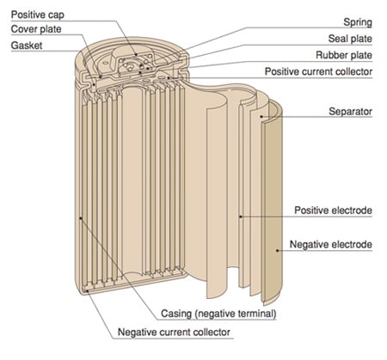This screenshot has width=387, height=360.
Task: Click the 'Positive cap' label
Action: (38, 15)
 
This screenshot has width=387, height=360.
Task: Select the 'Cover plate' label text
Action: (36, 29)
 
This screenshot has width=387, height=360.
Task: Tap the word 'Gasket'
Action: (27, 46)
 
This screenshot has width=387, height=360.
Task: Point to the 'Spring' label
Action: (358, 22)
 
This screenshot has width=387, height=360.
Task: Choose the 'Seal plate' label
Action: (350, 39)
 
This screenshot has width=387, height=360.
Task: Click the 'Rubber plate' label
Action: (344, 55)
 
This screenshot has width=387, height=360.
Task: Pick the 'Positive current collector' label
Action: (318, 71)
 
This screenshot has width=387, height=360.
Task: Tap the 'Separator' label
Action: (350, 112)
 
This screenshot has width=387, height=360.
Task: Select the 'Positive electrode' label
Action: (333, 211)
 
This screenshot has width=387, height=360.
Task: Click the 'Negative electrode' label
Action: (331, 245)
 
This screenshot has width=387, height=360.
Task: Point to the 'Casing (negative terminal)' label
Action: (218, 314)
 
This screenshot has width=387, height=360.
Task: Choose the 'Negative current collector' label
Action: (174, 333)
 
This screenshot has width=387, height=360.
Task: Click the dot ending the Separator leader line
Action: (261, 117)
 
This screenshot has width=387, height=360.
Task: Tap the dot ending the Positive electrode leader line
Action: (241, 217)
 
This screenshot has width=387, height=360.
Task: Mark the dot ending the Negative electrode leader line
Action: (277, 251)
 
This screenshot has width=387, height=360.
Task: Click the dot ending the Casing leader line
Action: (81, 218)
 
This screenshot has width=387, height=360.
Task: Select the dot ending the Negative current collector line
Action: (88, 291)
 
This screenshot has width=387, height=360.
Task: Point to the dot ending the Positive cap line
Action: (137, 54)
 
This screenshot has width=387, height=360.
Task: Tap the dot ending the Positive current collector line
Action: (169, 77)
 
